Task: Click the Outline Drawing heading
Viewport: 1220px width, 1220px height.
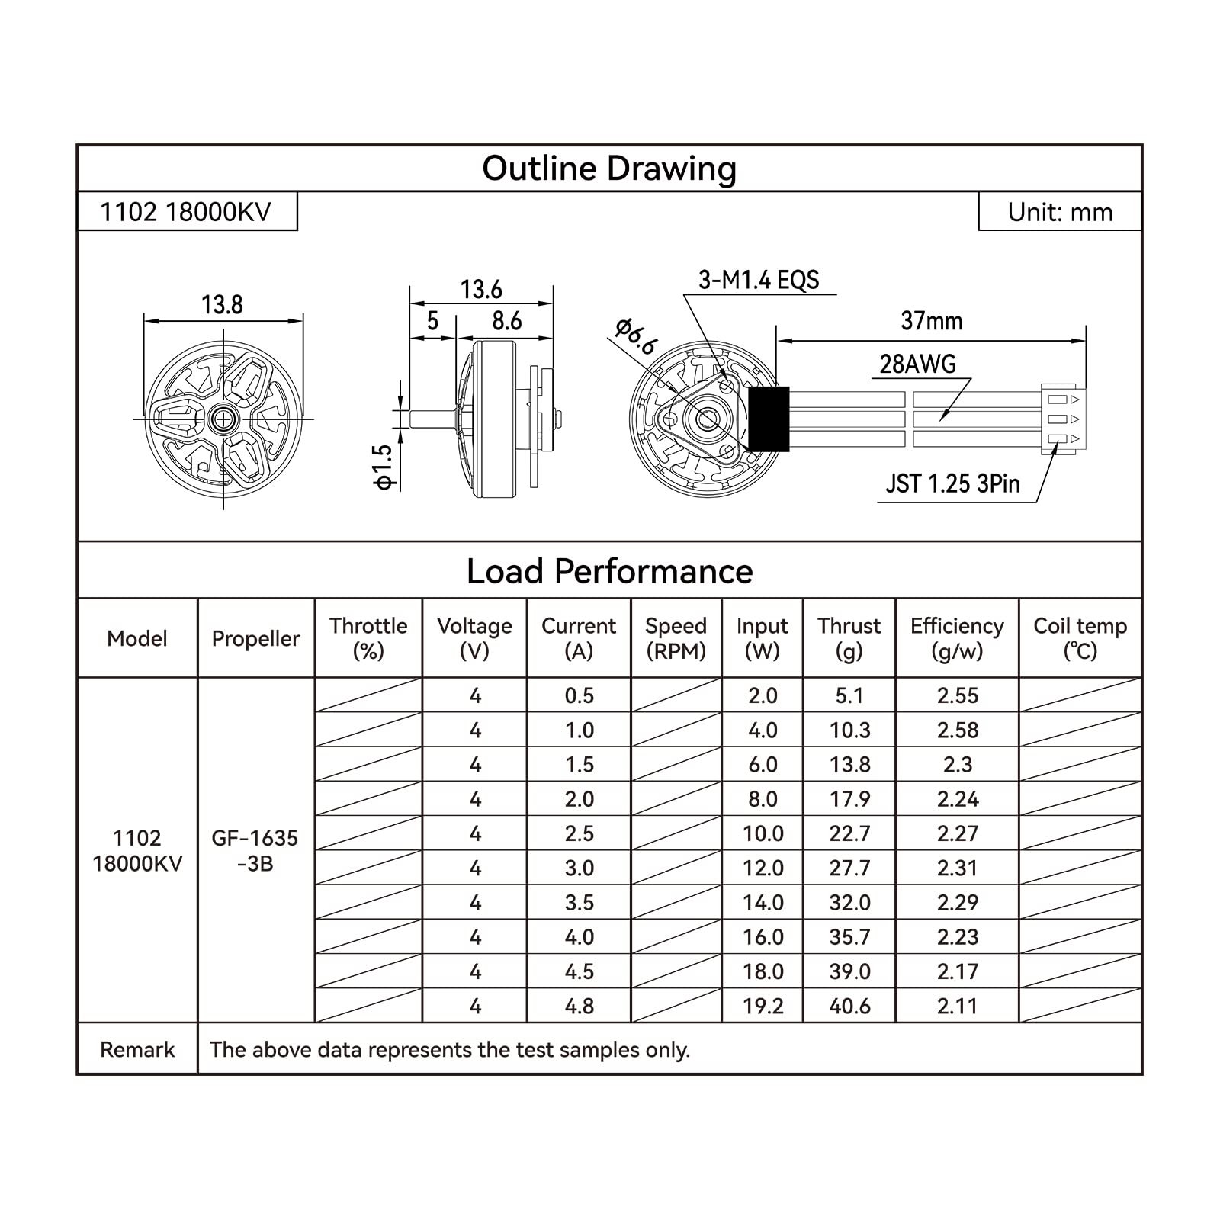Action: [609, 169]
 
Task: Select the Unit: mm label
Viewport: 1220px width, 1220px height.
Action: [1060, 212]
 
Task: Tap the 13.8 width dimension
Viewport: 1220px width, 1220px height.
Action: [222, 305]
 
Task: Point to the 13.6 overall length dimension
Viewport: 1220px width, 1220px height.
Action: [481, 290]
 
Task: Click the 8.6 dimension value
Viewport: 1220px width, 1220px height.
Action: [506, 321]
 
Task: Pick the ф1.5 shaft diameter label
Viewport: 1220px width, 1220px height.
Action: [383, 467]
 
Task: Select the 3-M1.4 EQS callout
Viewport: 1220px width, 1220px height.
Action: [759, 280]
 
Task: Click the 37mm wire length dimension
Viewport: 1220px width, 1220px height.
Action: [931, 321]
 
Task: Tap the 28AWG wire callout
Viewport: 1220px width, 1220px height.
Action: [917, 364]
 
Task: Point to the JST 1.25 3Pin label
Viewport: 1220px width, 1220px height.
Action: [952, 483]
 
